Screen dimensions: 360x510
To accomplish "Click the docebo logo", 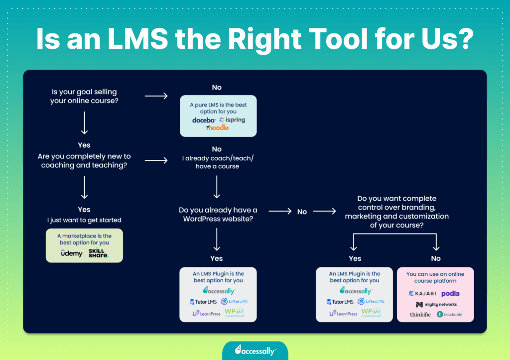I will point(204,120).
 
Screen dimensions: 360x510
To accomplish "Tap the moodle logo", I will point(217,128).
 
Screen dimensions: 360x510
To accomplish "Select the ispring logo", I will point(232,120).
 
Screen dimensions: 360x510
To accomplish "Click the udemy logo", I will point(72,253).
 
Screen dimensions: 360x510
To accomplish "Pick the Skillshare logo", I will point(98,253).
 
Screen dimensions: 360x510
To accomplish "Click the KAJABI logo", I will point(422,294).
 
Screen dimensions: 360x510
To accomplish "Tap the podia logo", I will point(450,294).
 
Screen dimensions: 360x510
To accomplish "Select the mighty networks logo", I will point(436,304).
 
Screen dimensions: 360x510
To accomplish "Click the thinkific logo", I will point(420,314).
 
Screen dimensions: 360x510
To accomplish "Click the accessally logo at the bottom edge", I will point(255,350).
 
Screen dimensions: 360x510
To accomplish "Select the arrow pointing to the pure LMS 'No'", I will point(156,96).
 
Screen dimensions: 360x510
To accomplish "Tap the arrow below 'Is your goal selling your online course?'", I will point(84,123).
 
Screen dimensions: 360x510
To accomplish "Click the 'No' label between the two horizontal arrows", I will point(302,212).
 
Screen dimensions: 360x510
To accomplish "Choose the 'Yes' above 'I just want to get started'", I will point(84,210).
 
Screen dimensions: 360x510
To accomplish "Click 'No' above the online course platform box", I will point(436,258).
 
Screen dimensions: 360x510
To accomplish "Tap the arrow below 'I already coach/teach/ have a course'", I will point(217,187).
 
